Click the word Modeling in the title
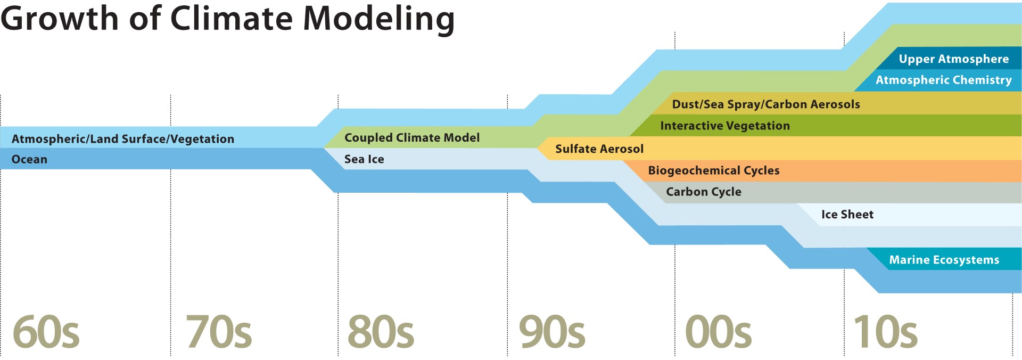pyautogui.click(x=378, y=20)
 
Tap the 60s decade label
pyautogui.click(x=46, y=332)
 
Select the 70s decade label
pyautogui.click(x=219, y=332)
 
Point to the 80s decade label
pyautogui.click(x=381, y=332)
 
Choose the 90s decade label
pyautogui.click(x=552, y=332)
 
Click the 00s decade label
pyautogui.click(x=719, y=332)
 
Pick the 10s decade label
pyautogui.click(x=886, y=332)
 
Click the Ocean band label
pyautogui.click(x=29, y=159)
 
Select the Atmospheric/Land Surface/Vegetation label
pyautogui.click(x=123, y=139)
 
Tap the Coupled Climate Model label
pyautogui.click(x=412, y=138)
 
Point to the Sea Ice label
pyautogui.click(x=364, y=159)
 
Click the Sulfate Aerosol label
pyautogui.click(x=599, y=149)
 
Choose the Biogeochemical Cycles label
pyautogui.click(x=714, y=171)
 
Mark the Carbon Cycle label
pyautogui.click(x=704, y=192)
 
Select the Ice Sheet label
pyautogui.click(x=847, y=215)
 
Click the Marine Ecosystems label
pyautogui.click(x=944, y=260)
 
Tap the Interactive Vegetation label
pyautogui.click(x=725, y=126)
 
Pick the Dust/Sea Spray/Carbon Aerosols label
pyautogui.click(x=766, y=104)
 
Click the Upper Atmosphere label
pyautogui.click(x=954, y=59)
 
